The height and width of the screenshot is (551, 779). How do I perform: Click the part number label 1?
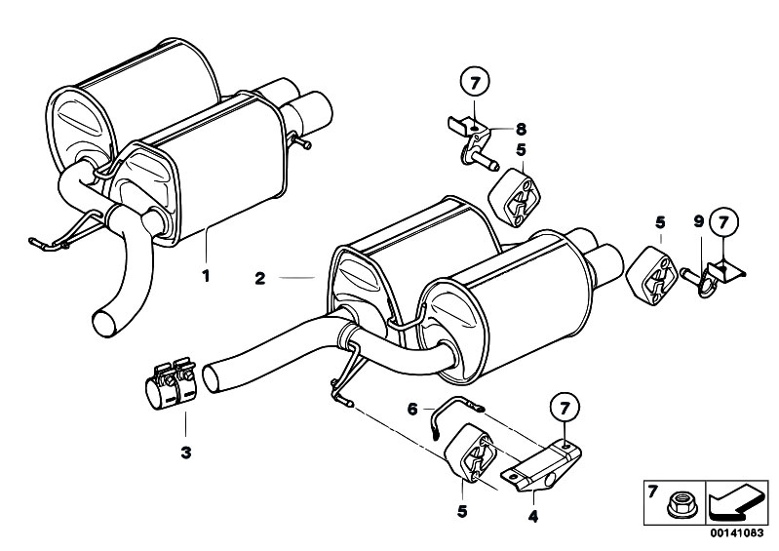tap(206, 275)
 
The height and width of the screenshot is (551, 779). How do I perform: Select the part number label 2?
tap(260, 278)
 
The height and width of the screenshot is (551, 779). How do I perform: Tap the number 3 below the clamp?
tap(186, 453)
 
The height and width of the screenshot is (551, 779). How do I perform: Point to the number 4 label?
tap(533, 517)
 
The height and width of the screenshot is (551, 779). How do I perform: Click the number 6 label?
tap(412, 410)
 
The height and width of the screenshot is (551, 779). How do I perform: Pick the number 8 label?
tap(521, 129)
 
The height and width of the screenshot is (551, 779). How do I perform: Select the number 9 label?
tap(699, 221)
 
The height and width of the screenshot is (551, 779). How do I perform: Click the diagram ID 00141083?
tap(736, 533)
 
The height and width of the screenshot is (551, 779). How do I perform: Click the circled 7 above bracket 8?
tap(475, 83)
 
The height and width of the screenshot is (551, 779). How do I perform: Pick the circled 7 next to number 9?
tap(723, 221)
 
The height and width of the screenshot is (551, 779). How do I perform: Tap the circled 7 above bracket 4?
tap(565, 409)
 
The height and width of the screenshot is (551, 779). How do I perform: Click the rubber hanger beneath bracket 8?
tap(514, 197)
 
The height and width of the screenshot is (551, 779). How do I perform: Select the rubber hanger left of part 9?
tap(651, 274)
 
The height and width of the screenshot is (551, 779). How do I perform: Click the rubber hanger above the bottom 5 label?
tap(470, 453)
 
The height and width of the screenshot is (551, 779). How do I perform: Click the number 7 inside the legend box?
tap(653, 492)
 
